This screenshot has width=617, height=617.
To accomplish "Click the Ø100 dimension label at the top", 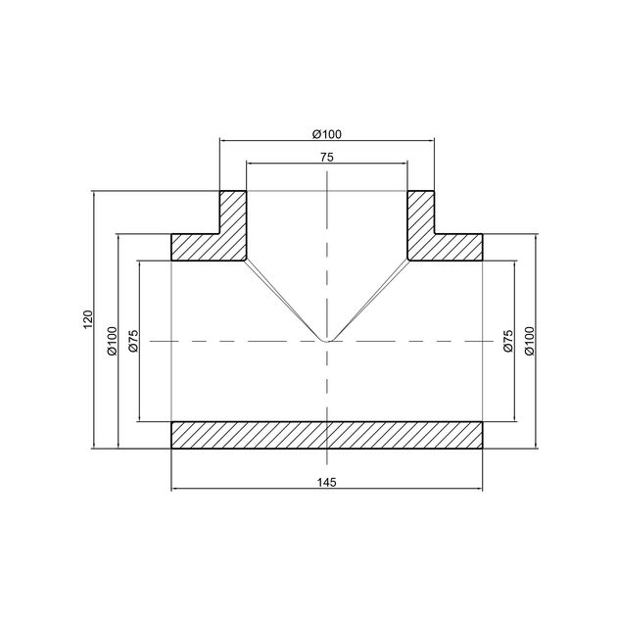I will point(326,133).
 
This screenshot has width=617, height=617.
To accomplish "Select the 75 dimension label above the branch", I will point(326,156).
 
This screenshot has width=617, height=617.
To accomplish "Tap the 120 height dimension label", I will point(86,318).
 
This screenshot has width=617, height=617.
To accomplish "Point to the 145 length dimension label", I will point(326,481).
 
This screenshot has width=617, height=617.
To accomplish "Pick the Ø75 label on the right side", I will point(508,340).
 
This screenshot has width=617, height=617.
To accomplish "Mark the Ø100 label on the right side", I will point(531,340).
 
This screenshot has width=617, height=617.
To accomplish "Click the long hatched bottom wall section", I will point(326,435).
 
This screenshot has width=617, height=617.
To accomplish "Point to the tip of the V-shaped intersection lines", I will point(326,341).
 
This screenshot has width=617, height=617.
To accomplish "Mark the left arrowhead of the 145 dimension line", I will point(175,488).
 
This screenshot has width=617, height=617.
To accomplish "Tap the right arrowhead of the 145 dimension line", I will point(479,488).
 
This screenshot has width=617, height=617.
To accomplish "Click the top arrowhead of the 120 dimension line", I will point(94,195).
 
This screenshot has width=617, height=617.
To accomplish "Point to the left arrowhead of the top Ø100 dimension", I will point(223,140).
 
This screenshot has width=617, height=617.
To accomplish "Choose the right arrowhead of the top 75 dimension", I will point(403,163).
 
